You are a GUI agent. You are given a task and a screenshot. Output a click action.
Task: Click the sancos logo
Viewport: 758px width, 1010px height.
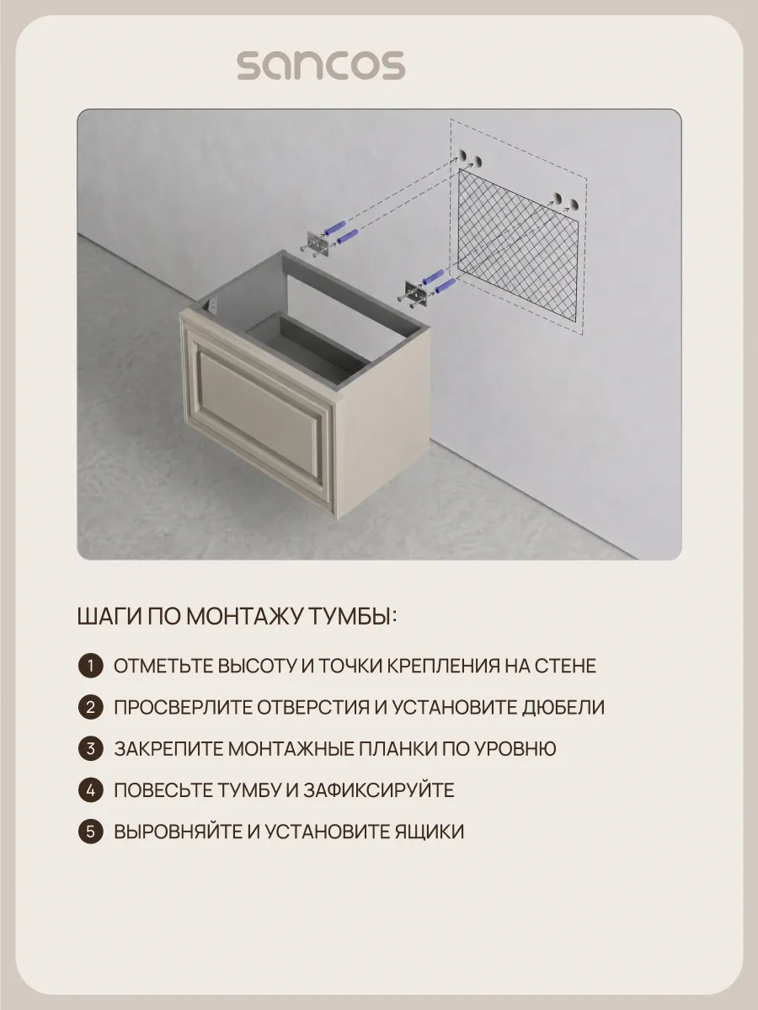321,66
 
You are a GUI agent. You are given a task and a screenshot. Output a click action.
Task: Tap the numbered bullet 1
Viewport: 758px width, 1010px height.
91,666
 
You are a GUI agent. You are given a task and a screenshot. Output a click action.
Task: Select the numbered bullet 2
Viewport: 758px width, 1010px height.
91,707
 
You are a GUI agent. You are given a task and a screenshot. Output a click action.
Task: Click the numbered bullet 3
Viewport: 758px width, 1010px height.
91,748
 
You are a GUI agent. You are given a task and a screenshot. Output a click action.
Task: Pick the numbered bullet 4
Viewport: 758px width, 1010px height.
91,790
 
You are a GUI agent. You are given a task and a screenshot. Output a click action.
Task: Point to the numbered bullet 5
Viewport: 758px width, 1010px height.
91,832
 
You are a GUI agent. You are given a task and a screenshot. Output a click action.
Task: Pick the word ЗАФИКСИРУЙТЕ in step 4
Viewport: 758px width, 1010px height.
379,790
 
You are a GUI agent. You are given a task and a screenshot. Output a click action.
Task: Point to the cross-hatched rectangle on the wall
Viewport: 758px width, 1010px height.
518,244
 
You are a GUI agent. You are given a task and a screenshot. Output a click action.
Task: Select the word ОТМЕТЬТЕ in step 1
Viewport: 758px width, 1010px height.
164,666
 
